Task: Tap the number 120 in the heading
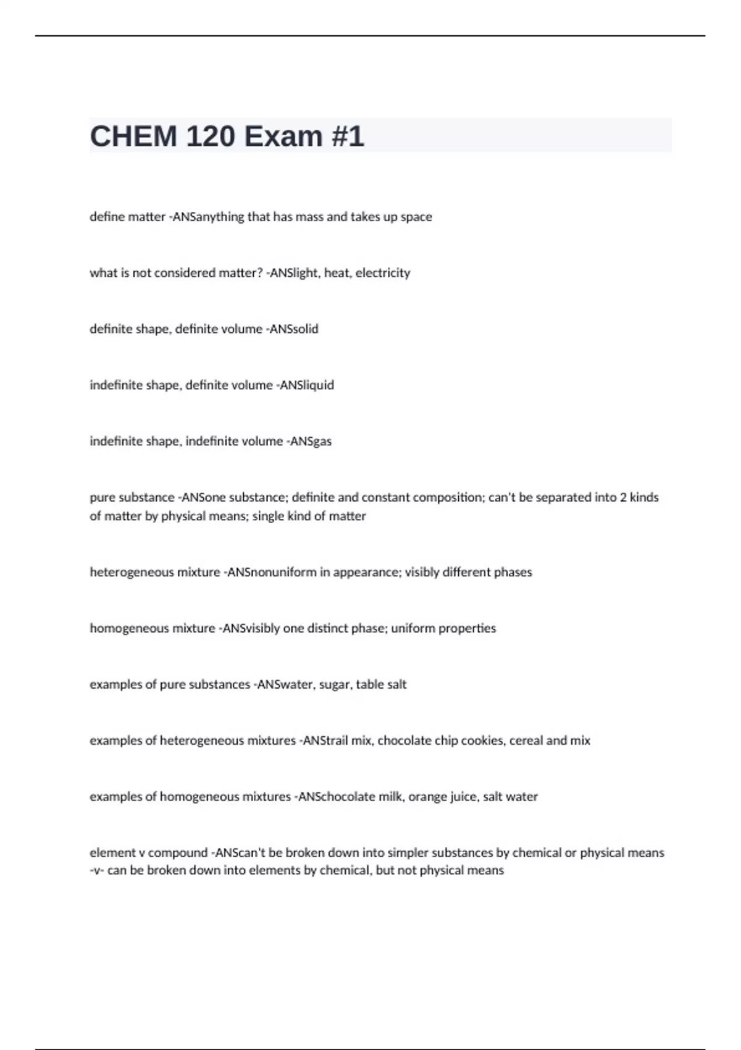click(x=211, y=136)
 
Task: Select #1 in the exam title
click(x=347, y=136)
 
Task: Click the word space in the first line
click(x=416, y=217)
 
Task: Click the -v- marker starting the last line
click(x=96, y=871)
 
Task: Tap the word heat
click(x=337, y=273)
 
